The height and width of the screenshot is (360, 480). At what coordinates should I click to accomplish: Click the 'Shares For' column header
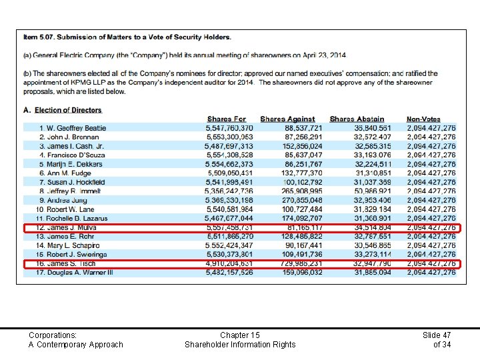click(226, 119)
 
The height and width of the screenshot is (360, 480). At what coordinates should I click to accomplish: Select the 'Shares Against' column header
click(287, 119)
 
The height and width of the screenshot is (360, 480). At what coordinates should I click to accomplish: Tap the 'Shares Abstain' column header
click(357, 119)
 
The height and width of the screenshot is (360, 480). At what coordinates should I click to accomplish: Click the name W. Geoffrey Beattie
click(72, 128)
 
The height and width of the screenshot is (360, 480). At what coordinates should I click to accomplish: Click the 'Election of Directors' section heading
click(68, 110)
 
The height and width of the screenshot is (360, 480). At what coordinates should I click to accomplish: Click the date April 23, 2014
click(323, 55)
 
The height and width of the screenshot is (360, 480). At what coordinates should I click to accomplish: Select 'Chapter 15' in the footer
click(239, 335)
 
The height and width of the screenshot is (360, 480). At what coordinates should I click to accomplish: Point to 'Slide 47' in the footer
click(437, 335)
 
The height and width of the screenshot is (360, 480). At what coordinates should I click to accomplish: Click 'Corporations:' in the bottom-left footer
click(53, 335)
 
